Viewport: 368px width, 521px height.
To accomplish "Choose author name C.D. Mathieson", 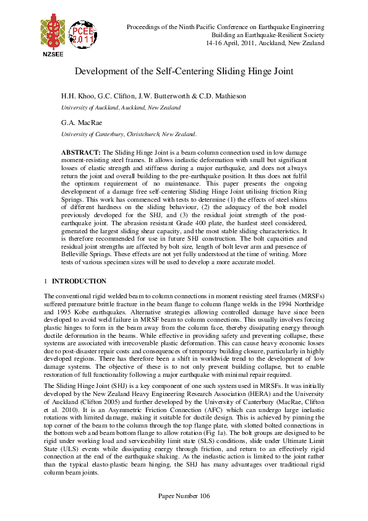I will [208, 97].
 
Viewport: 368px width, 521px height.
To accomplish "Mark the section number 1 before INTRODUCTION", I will [46, 281].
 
